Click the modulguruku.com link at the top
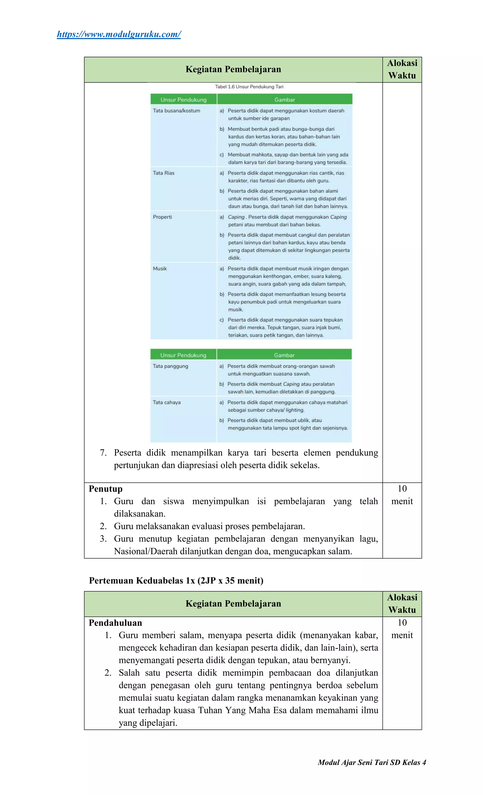coord(119,34)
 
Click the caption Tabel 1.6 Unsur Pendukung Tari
coord(249,87)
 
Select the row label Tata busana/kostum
coord(176,111)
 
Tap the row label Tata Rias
coord(163,173)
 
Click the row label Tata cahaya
coord(167,402)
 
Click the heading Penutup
coord(106,489)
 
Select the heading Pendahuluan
coord(115,623)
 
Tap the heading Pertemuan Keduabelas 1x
coord(176,581)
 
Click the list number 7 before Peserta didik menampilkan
coord(103,453)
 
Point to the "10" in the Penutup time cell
coord(402,489)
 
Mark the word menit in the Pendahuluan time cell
coord(402,635)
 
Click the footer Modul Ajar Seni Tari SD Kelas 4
coord(372,762)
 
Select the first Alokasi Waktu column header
coord(402,69)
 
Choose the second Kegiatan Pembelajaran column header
coord(233,604)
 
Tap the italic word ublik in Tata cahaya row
coord(303,420)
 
